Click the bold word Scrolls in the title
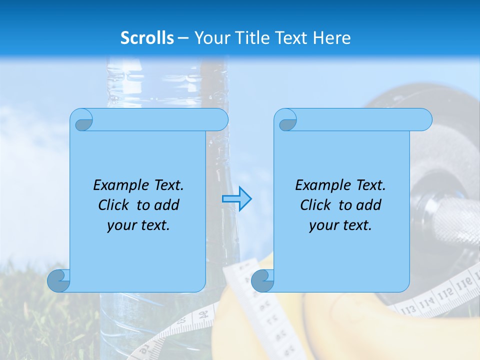(147, 38)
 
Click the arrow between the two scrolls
(236, 199)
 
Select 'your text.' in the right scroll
(340, 225)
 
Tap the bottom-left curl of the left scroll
(58, 280)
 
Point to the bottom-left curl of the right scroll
(262, 280)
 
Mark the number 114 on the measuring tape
(426, 302)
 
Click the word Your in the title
(207, 38)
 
